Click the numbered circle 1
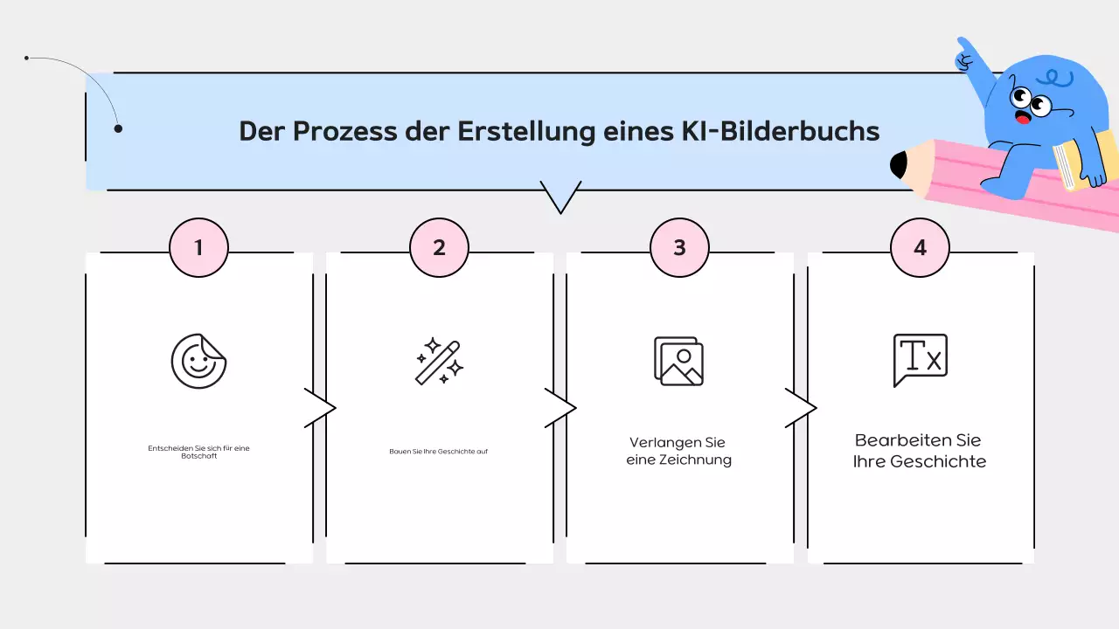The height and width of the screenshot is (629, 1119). [198, 247]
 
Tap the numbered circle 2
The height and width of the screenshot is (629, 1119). [439, 247]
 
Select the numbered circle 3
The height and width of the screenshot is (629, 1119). [679, 247]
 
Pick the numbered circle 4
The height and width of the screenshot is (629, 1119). [920, 247]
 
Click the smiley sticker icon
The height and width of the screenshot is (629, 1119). [198, 360]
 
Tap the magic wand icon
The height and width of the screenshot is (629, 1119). [439, 361]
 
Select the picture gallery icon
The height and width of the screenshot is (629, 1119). [679, 361]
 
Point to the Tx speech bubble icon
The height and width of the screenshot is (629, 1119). [920, 359]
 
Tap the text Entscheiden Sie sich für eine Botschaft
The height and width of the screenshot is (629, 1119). [198, 452]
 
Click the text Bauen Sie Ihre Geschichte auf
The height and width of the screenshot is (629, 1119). [439, 452]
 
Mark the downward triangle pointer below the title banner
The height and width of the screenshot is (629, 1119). [560, 197]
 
